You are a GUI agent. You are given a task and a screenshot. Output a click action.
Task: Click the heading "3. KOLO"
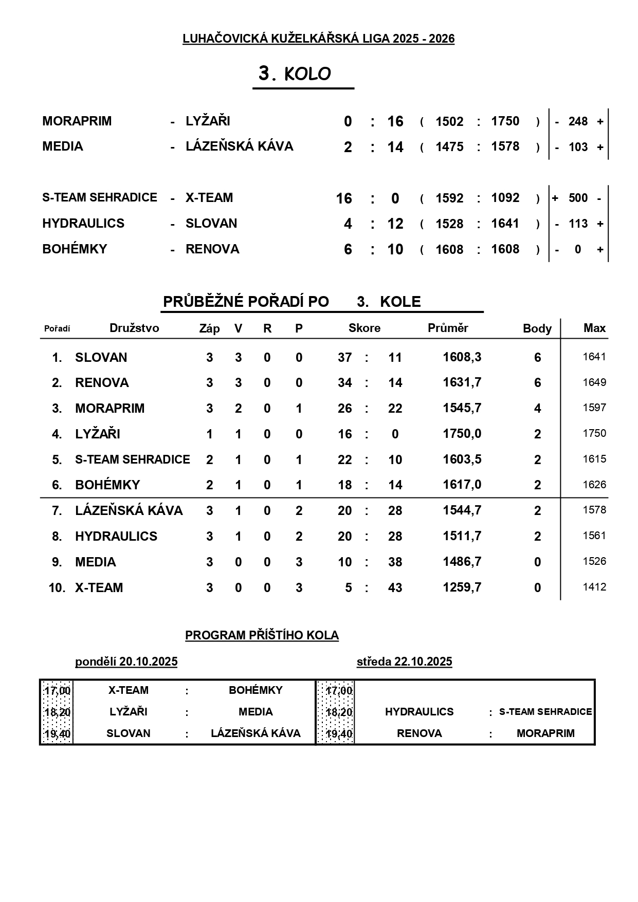point(295,74)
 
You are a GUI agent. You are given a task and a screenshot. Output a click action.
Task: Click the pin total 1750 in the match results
point(505,121)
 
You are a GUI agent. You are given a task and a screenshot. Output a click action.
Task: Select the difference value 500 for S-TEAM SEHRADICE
point(578,198)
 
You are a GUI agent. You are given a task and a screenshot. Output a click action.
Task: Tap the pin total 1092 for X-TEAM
point(505,198)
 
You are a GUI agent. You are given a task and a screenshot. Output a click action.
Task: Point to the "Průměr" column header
point(448,328)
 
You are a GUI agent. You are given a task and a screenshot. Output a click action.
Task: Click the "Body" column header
point(537,328)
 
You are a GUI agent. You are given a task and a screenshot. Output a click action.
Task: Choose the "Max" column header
point(594,328)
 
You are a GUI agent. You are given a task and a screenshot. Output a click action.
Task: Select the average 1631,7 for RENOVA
point(462,382)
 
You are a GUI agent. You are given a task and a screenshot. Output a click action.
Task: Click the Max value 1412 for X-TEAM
point(594,587)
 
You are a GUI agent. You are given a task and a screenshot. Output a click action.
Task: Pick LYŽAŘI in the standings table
point(98,434)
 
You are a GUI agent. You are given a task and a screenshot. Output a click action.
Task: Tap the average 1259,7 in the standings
point(462,587)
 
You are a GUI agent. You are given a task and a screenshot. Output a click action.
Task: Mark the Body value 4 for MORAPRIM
point(538,408)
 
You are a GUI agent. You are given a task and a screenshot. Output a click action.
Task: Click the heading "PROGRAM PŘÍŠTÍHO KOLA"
point(262,635)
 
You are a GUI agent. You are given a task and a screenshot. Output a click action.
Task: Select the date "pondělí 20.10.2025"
point(126,661)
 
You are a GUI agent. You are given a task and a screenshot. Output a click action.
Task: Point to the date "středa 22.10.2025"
point(404,661)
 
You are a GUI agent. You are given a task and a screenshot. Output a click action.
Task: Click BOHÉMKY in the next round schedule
point(256,690)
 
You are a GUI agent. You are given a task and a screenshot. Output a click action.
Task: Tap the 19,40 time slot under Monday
point(57,733)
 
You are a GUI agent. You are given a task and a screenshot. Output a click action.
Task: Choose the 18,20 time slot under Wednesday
point(339,712)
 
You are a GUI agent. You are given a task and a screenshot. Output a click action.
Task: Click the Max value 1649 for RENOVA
point(594,382)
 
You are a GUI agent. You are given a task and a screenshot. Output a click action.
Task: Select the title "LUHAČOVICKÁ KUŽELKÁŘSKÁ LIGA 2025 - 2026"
point(318,39)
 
